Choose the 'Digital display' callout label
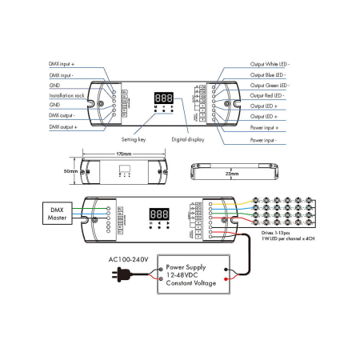point(188,138)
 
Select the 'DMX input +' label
point(64,62)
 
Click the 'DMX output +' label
point(65,126)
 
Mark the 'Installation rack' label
point(66,94)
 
